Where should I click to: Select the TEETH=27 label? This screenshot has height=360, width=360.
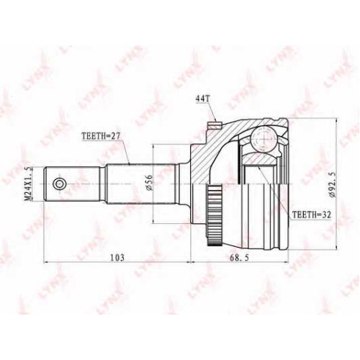tap(101, 136)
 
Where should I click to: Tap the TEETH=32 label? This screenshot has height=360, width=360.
tap(312, 215)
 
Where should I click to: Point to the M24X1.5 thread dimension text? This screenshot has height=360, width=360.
tap(29, 184)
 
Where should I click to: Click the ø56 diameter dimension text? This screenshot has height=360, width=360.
tap(149, 183)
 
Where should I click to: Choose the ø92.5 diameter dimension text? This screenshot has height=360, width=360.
tap(332, 185)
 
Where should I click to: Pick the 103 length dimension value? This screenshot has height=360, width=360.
tap(117, 258)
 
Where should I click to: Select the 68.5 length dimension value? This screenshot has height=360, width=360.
tap(240, 258)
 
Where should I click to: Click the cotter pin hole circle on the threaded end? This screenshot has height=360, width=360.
tap(58, 184)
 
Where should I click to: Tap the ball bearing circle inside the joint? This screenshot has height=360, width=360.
tap(264, 139)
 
